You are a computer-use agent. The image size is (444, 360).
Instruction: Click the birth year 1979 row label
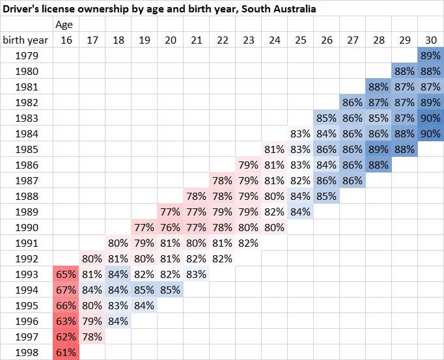(27, 55)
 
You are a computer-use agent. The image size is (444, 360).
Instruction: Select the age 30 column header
(430, 40)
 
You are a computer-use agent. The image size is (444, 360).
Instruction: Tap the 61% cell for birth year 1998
(66, 352)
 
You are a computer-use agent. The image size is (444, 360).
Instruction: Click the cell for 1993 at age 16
(66, 274)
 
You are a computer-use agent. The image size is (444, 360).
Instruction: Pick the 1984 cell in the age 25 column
(300, 133)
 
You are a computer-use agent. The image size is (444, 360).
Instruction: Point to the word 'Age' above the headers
(64, 25)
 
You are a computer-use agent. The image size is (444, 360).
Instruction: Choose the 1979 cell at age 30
(430, 55)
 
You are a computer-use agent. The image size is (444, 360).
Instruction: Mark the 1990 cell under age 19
(144, 227)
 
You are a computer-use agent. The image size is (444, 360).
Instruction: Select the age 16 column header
(66, 40)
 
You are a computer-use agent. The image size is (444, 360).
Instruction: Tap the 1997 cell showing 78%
(92, 337)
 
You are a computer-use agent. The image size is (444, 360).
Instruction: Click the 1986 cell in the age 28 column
(378, 165)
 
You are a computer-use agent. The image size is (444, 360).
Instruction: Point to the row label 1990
(27, 227)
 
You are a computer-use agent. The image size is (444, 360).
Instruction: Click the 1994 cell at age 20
(170, 290)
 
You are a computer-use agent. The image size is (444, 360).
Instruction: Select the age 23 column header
(248, 40)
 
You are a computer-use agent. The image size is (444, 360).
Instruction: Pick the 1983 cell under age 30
(430, 118)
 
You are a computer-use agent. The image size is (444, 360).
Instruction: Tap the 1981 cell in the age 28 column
(378, 87)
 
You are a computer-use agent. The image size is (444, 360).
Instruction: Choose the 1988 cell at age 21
(196, 196)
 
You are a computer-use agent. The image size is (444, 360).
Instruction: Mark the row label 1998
(27, 352)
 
